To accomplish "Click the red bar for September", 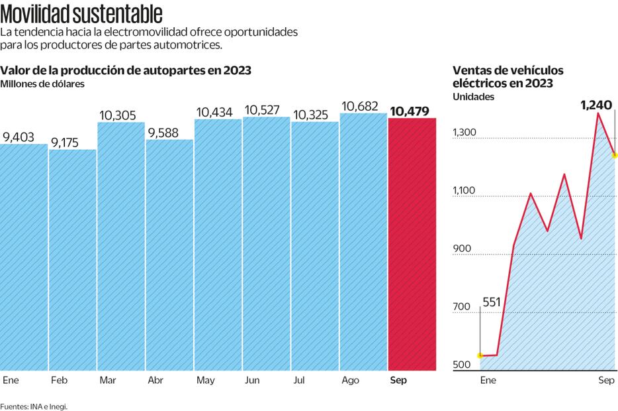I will pos(412,245).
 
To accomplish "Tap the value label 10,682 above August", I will pos(363,106).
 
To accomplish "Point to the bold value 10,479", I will pos(412,111).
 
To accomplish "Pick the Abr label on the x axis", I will pos(155,381).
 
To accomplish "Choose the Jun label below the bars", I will pos(252,381).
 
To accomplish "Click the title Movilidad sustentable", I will pos(81,14).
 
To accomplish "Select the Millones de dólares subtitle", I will pos(42,84).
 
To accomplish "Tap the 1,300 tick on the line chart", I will pos(464,133).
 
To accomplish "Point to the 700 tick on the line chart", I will pos(462,307).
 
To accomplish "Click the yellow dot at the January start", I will pos(480,356).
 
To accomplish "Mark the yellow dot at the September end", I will pos(615,155).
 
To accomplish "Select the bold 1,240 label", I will pos(596,105).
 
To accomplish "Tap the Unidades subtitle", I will pos(473,97).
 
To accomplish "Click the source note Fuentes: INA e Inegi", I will pos(34,406).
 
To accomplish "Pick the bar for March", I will pos(121,247).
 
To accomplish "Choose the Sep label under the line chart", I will pos(606,381).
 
